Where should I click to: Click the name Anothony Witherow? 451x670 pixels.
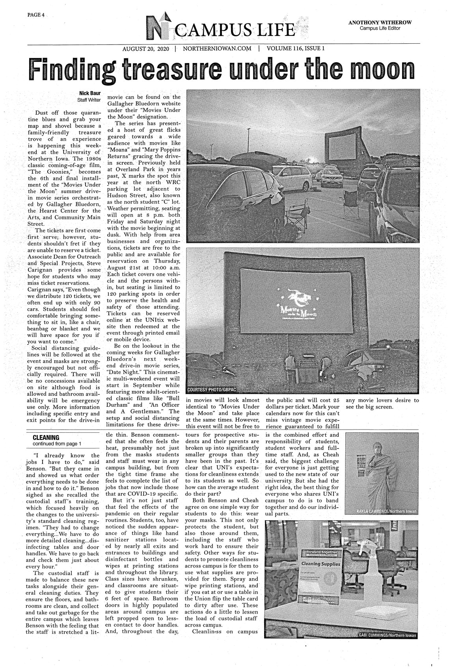click(380, 22)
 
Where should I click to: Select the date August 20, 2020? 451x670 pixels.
click(145, 49)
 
